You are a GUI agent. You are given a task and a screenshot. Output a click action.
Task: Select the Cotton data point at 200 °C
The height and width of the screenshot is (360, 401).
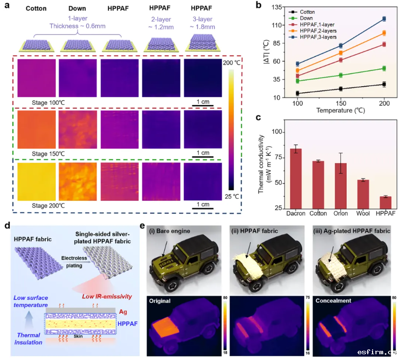pyautogui.click(x=384, y=84)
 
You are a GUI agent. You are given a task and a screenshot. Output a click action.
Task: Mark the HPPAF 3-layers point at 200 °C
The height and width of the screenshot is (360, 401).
pyautogui.click(x=384, y=19)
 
